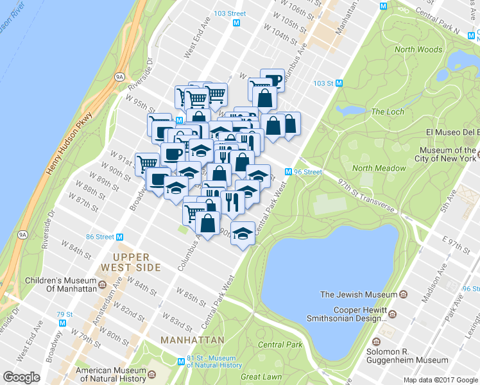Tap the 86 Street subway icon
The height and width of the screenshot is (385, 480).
pos(119,237)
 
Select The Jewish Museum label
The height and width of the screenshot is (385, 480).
pos(359,295)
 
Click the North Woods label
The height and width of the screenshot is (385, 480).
pos(418,49)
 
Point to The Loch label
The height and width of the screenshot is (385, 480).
pos(388,112)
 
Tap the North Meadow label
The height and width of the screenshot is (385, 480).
pos(379,168)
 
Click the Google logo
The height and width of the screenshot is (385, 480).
pos(21,377)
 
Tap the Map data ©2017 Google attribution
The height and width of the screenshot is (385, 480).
pos(440,380)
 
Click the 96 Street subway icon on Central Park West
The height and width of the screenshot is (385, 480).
pos(289,172)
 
